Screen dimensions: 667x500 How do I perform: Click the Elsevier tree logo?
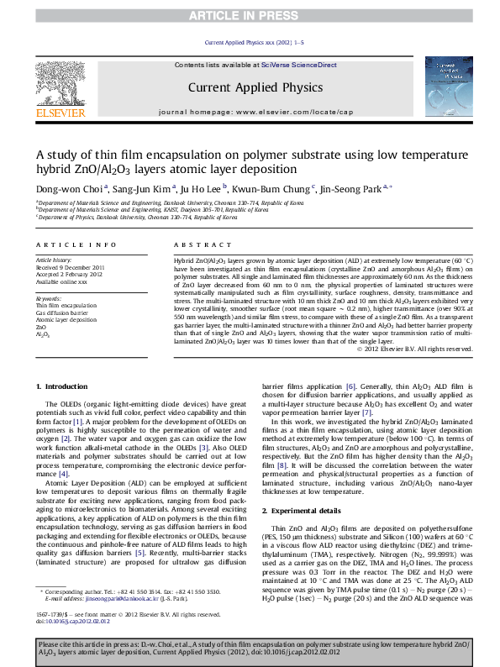tap(63, 84)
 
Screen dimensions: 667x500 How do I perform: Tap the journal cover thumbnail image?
tap(450, 87)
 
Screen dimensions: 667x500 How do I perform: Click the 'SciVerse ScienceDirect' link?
tap(298, 65)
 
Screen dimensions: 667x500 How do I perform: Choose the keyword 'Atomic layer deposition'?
tap(66, 320)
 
